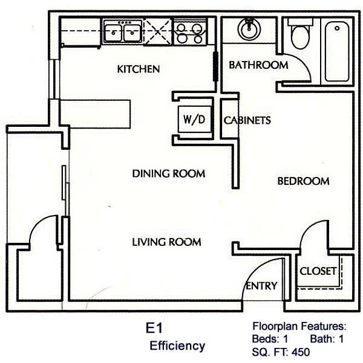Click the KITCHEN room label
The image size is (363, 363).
[x=139, y=69]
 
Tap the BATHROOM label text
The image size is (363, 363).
[x=258, y=65]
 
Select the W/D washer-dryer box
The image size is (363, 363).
[x=194, y=120]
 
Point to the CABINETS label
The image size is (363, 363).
[x=247, y=120]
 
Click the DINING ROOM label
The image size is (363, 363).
[x=169, y=174]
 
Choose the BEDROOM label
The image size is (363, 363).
[x=303, y=181]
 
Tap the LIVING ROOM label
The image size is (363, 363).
[x=166, y=242]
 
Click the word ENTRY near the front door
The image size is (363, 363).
[x=261, y=286]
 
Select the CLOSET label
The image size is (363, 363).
[x=318, y=271]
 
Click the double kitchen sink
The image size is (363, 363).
[x=122, y=31]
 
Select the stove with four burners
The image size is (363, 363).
[x=191, y=31]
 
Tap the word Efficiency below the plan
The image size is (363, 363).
[x=177, y=346]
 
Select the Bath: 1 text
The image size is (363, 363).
[x=327, y=339]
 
